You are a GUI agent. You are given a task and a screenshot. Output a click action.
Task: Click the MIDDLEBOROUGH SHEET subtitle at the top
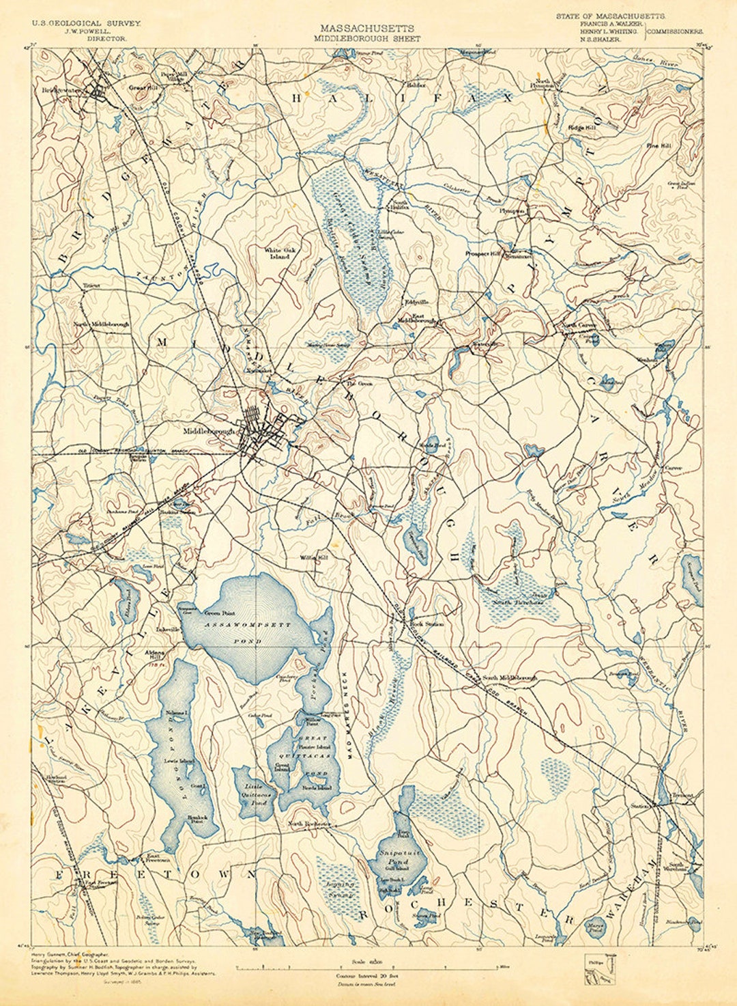367,39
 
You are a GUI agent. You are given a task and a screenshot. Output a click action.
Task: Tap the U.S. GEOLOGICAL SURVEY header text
87,23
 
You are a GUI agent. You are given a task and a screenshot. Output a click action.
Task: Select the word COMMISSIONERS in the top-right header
676,31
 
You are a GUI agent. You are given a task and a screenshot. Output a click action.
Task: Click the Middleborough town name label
209,432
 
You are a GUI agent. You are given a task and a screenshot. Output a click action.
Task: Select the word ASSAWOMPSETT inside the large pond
247,626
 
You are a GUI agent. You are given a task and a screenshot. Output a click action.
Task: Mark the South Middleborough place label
509,678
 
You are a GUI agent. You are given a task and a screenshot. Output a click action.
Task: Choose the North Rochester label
308,824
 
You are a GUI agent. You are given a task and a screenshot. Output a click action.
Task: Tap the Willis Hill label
314,557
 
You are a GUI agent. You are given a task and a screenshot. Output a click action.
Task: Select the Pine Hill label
659,145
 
